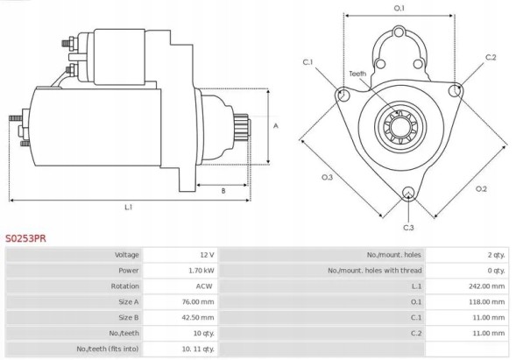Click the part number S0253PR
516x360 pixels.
tap(26, 237)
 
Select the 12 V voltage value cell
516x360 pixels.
tap(208, 254)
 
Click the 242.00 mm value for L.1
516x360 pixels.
tap(488, 286)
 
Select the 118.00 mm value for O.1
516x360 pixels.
tap(488, 302)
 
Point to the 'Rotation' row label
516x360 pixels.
tap(125, 286)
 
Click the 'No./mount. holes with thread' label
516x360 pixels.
tap(373, 271)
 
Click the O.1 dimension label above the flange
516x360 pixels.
tap(399, 8)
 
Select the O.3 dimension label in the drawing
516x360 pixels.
tap(327, 178)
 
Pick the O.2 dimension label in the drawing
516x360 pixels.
tap(480, 189)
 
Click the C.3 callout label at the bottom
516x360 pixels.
tap(408, 228)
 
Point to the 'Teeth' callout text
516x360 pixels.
tap(357, 74)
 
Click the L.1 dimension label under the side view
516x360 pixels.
tap(129, 208)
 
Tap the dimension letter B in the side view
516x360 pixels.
tap(223, 189)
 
